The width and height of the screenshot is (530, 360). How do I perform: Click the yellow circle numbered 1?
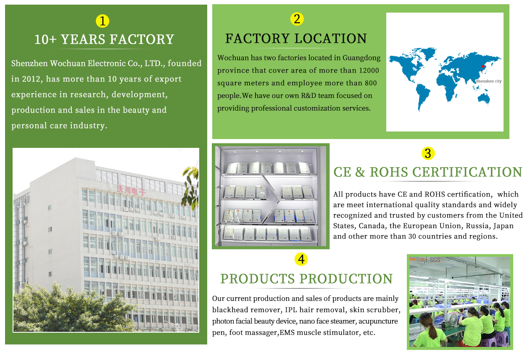(103, 21)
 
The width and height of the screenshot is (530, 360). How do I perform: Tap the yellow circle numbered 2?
(297, 19)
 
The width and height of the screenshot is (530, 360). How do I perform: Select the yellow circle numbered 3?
(428, 153)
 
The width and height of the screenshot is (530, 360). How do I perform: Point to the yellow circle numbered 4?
(301, 259)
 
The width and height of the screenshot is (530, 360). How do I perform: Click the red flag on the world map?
(483, 67)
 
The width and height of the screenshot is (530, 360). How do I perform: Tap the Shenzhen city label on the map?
(488, 81)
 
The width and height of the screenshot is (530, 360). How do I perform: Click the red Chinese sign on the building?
(131, 190)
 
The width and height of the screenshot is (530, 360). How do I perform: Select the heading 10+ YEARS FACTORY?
(104, 39)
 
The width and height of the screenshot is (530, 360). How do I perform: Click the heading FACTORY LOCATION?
(296, 38)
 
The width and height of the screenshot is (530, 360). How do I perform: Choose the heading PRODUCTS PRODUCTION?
(306, 279)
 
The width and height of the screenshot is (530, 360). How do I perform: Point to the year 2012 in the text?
(30, 79)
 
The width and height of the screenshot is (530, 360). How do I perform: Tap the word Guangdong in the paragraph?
(361, 58)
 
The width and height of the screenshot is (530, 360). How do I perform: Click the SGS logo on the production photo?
(435, 260)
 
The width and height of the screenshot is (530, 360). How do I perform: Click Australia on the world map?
(484, 97)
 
